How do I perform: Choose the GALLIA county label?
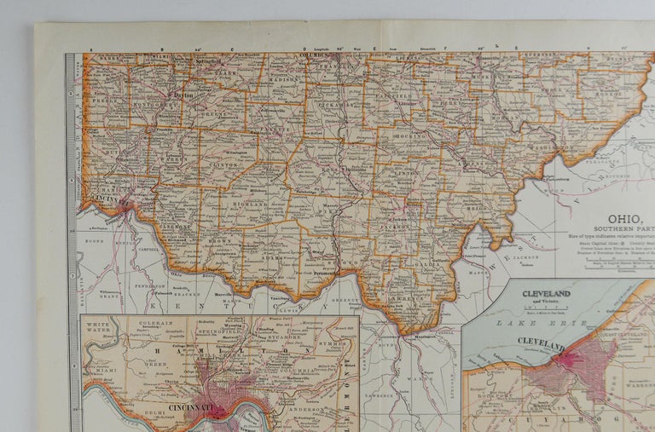click(426, 264)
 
